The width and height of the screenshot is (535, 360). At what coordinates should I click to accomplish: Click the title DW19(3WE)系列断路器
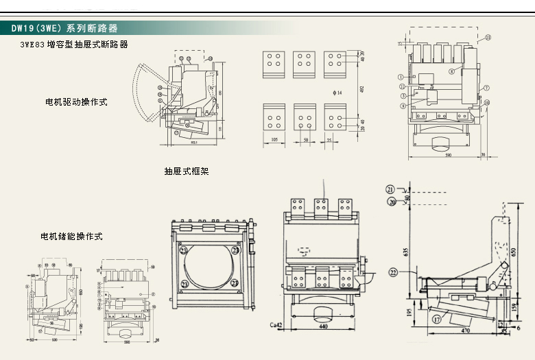[64, 28]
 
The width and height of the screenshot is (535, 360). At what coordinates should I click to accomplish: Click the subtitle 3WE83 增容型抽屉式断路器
[74, 45]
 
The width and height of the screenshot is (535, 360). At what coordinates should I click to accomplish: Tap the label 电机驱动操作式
[77, 102]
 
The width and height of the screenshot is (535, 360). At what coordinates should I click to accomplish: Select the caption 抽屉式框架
[187, 171]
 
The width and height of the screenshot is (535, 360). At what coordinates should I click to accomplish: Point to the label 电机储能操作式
[71, 237]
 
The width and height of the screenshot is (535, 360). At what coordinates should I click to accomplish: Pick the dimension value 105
[274, 140]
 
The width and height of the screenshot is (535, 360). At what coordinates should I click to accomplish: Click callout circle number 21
[390, 189]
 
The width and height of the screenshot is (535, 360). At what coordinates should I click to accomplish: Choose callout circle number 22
[393, 272]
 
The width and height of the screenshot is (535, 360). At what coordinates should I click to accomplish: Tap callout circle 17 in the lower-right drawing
[436, 319]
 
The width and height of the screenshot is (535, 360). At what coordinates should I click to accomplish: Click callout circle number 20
[392, 201]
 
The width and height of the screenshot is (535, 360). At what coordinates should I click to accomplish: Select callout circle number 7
[486, 88]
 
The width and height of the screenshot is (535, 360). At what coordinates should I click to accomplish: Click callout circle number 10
[486, 103]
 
